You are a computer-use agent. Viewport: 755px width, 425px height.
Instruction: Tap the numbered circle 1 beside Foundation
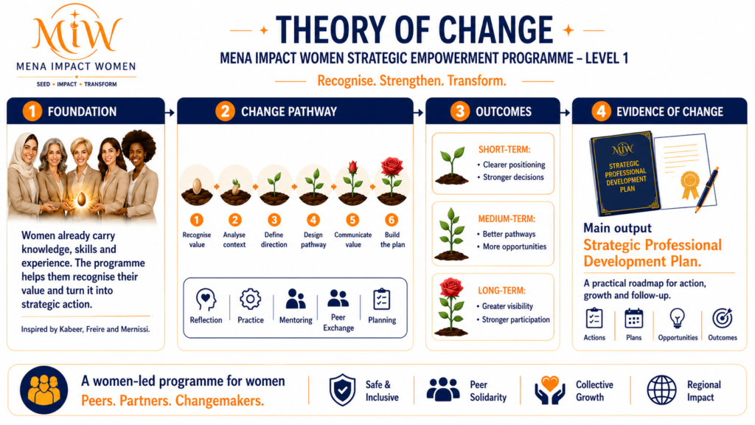tap(32, 111)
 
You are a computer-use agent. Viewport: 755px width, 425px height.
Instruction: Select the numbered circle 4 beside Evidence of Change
tap(601, 111)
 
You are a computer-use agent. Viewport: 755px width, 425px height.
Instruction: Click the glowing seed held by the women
tap(82, 198)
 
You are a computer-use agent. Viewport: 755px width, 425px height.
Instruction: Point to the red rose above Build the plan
tap(392, 167)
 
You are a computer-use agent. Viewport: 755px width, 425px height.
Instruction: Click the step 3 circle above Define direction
tap(274, 220)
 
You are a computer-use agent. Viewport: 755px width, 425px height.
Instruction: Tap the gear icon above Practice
tap(251, 300)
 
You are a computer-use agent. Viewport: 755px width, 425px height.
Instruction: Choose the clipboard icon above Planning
tap(382, 300)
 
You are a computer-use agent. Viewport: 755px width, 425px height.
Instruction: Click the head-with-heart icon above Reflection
tap(206, 300)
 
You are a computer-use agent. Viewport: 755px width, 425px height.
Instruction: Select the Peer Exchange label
tap(338, 322)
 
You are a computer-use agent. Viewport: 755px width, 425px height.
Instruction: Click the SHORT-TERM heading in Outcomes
tap(504, 149)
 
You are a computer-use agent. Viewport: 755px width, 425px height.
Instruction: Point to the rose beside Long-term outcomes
tap(451, 307)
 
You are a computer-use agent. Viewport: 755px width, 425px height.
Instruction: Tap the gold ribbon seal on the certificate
tap(690, 185)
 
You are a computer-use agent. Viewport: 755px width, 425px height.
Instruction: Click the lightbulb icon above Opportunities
tap(678, 319)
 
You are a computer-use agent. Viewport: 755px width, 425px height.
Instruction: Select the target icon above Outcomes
tap(723, 319)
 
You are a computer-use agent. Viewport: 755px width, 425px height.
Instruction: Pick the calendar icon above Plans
tap(633, 319)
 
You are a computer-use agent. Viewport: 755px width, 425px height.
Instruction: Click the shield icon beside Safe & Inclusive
tap(342, 390)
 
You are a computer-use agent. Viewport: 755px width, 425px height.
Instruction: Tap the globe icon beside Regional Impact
tap(661, 390)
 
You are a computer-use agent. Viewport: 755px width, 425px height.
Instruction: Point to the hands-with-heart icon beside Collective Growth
tap(550, 390)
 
